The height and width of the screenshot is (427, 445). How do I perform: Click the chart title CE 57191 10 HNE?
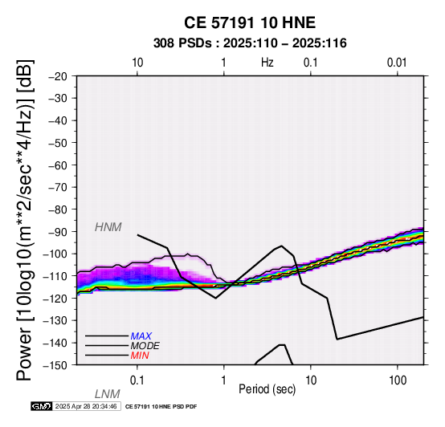(x=250, y=22)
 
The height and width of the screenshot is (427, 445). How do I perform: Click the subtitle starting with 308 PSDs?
(x=250, y=43)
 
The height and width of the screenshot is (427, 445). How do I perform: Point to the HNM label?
(x=108, y=227)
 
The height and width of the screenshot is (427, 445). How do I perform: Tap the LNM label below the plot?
(x=108, y=394)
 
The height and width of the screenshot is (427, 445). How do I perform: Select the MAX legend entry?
(x=141, y=336)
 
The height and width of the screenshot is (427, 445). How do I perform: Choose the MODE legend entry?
(x=145, y=346)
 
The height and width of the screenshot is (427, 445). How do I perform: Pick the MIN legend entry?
(x=140, y=356)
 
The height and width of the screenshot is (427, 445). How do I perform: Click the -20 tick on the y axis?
(x=58, y=76)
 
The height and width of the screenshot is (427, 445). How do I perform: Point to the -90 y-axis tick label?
(x=58, y=232)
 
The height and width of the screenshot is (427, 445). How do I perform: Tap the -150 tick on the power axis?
(x=55, y=365)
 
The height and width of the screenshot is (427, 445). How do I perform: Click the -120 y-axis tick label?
(x=55, y=299)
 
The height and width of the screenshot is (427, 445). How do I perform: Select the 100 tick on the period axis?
(x=398, y=380)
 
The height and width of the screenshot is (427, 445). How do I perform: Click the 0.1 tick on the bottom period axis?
(x=137, y=380)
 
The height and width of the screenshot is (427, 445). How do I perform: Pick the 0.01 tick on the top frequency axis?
(x=397, y=63)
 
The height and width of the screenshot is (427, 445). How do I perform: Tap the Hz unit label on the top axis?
(x=267, y=63)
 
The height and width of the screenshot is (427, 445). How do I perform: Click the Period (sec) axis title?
(x=267, y=389)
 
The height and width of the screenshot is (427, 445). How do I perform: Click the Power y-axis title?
(x=25, y=220)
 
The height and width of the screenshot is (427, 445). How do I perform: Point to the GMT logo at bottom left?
(x=42, y=407)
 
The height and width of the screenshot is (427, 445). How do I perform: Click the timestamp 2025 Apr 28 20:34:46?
(x=86, y=407)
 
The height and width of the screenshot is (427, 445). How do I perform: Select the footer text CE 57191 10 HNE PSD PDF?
(x=161, y=407)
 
